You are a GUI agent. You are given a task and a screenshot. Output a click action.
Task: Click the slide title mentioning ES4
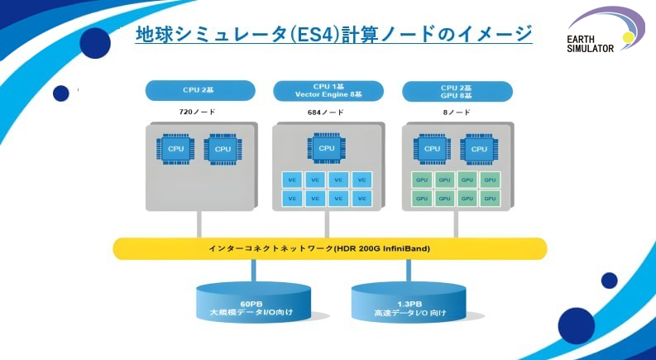point(333,34)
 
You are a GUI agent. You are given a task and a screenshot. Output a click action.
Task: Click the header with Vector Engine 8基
point(327,90)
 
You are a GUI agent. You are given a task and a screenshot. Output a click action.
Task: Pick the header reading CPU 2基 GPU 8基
point(456,90)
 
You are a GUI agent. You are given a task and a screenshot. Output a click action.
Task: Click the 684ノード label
point(327,112)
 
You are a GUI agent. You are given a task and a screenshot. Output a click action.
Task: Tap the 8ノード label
point(456,112)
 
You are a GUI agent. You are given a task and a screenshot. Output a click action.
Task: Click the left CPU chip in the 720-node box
point(175,149)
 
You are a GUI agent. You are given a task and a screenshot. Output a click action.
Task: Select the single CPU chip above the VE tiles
point(327,148)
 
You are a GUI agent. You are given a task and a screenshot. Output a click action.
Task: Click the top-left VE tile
point(292,180)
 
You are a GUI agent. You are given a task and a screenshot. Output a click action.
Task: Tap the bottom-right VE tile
point(362,199)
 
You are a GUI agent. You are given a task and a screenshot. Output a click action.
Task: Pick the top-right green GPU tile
point(491,180)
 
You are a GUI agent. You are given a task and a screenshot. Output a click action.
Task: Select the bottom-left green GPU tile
point(422,199)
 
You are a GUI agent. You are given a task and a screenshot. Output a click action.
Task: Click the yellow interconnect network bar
point(330,248)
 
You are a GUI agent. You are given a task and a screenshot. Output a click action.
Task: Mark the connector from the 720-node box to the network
point(199,223)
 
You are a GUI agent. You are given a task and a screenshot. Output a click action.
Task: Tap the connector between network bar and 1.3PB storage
point(408,270)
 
